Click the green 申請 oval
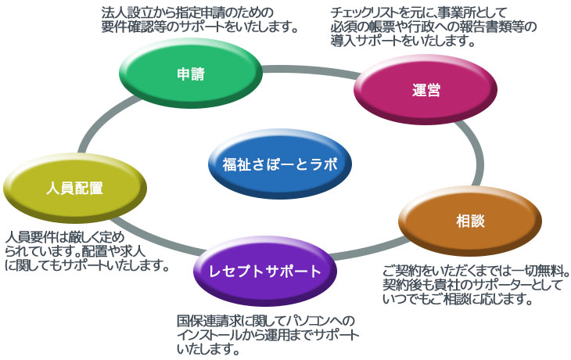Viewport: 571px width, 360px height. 191,74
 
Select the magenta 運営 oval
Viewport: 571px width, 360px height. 426,90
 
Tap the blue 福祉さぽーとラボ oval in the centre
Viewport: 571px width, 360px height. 280,164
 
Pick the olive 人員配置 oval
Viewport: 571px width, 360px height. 74,189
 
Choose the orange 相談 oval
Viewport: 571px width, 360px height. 470,221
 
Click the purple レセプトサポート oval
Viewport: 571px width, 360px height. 264,271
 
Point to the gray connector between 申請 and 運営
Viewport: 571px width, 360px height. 310,70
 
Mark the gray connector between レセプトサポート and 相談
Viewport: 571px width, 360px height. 368,249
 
